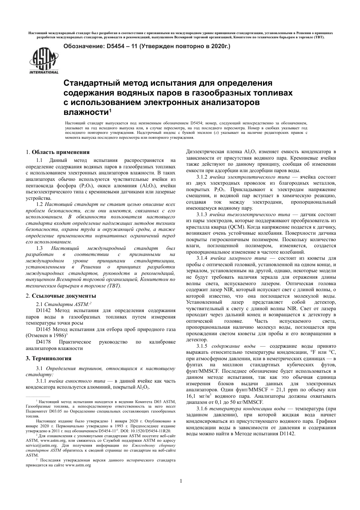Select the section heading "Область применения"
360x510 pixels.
coord(61,152)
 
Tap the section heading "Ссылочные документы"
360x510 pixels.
coord(64,296)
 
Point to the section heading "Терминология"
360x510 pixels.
coord(51,358)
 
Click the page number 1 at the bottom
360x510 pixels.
coord(181,482)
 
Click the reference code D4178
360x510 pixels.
coord(33,342)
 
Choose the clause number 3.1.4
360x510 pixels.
coord(202,258)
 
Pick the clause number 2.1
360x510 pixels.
coord(39,304)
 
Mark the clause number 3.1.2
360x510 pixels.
coord(202,177)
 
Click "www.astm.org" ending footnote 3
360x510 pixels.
coord(78,465)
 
